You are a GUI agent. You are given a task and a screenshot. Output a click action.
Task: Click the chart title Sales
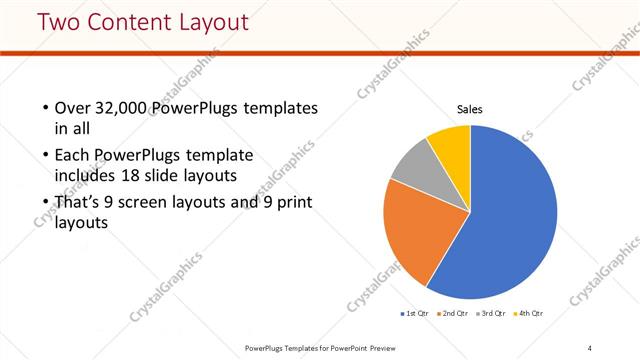[470, 108]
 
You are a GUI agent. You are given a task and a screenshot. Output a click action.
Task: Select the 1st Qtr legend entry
[416, 314]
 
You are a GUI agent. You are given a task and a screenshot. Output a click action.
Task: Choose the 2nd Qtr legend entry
[454, 314]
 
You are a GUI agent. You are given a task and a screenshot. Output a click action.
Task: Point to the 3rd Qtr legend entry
[492, 314]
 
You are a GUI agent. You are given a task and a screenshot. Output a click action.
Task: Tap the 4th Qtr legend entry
[530, 314]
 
